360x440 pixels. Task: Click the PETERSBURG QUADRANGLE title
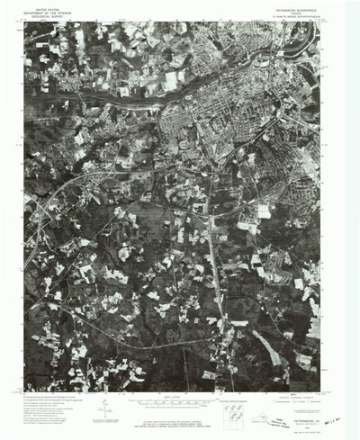coord(290,8)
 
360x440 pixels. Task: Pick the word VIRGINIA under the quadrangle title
coord(290,12)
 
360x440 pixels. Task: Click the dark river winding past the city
coord(135,90)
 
